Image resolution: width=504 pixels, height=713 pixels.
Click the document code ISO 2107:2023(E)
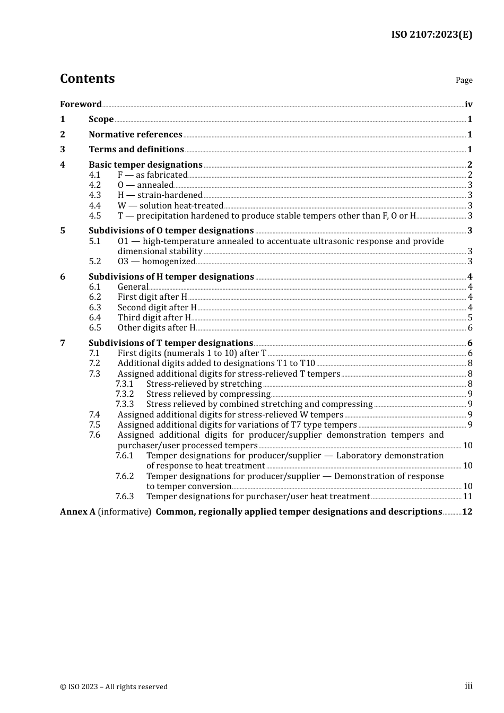431,34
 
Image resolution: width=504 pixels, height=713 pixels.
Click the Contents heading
87,79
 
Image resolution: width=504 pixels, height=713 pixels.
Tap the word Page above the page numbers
464,80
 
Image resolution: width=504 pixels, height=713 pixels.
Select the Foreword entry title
81,104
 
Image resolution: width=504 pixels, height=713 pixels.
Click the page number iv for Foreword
468,105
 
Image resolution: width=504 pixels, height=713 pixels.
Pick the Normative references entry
135,134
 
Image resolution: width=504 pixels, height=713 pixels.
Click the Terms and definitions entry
136,150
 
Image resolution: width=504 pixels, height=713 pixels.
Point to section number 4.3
94,195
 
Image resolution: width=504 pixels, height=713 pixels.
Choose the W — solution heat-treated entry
170,205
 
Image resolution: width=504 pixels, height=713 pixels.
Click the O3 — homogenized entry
157,261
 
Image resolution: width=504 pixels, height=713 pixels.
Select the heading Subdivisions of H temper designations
171,276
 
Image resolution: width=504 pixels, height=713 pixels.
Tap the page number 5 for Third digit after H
470,318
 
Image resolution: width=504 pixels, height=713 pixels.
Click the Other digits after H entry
157,328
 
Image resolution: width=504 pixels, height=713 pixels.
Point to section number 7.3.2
125,394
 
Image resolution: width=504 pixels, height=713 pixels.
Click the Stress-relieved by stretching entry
204,384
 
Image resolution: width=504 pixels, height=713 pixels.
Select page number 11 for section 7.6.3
467,497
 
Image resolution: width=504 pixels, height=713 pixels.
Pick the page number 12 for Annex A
467,512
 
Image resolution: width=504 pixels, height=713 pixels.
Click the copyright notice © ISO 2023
114,686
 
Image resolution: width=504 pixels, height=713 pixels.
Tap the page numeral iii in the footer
468,686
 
